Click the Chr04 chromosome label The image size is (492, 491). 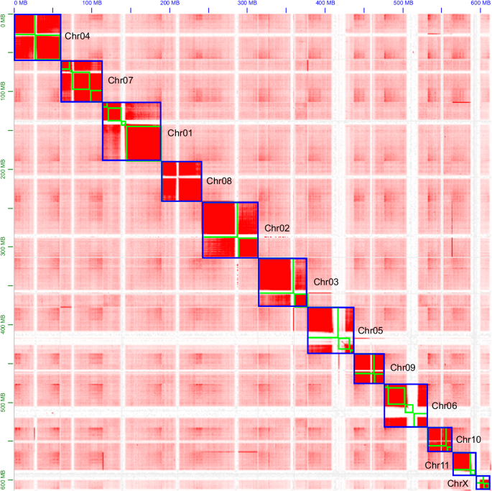(78, 35)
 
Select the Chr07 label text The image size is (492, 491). (121, 80)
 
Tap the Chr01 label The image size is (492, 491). (180, 132)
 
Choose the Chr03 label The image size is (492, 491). (326, 283)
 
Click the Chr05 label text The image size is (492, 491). (371, 331)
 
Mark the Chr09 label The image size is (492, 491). (403, 367)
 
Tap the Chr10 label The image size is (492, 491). (468, 439)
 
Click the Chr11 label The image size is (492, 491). (437, 465)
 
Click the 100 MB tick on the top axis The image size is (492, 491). (92, 4)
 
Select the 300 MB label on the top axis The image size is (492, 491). (246, 4)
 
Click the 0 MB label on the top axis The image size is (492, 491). (21, 4)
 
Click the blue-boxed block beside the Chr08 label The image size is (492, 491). (181, 181)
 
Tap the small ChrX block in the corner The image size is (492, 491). (483, 482)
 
